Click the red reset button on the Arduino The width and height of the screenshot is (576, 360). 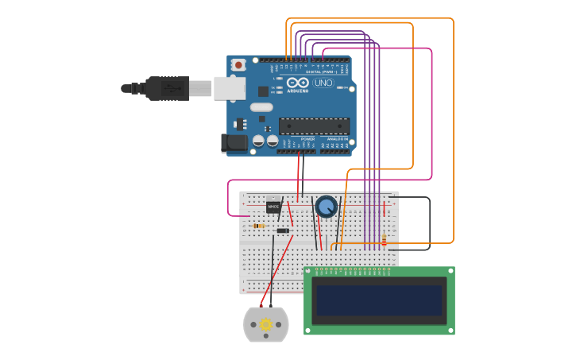pyautogui.click(x=238, y=64)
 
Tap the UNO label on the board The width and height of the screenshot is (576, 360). pyautogui.click(x=323, y=83)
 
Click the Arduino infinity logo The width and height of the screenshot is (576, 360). pyautogui.click(x=298, y=83)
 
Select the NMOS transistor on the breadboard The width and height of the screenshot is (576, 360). pyautogui.click(x=273, y=206)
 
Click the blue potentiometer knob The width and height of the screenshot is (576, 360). pyautogui.click(x=326, y=207)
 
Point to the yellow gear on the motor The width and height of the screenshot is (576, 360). pyautogui.click(x=265, y=324)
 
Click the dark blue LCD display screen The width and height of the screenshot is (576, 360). pyautogui.click(x=378, y=300)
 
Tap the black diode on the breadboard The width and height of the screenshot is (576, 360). pyautogui.click(x=283, y=230)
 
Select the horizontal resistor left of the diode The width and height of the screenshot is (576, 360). pyautogui.click(x=258, y=226)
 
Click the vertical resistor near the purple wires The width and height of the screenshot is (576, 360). pyautogui.click(x=385, y=239)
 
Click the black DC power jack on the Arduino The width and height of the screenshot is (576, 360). pyautogui.click(x=234, y=143)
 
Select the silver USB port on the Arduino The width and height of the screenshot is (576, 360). pyautogui.click(x=230, y=88)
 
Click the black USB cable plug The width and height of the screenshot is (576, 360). pyautogui.click(x=167, y=88)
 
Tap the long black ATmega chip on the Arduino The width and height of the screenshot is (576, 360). pyautogui.click(x=314, y=126)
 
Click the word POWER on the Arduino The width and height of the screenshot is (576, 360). pyautogui.click(x=307, y=139)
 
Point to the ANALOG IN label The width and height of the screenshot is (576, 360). pyautogui.click(x=337, y=139)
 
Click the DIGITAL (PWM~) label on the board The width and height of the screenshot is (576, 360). pyautogui.click(x=321, y=72)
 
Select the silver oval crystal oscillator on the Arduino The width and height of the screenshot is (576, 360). pyautogui.click(x=261, y=107)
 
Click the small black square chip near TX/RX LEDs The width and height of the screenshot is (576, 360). pyautogui.click(x=263, y=91)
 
